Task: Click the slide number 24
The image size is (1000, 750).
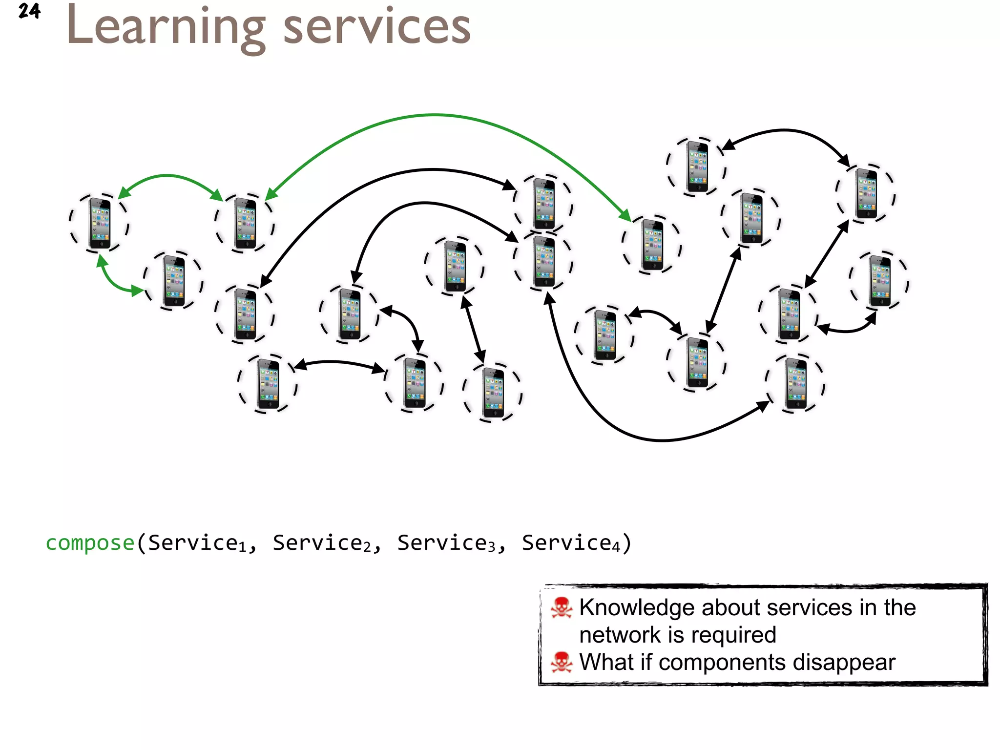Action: coord(29,11)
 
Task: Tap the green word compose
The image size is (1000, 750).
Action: coord(90,543)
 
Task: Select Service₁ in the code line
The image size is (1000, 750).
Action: coord(197,543)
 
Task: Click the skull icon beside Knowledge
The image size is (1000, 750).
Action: coord(561,608)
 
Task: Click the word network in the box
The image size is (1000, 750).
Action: coord(620,635)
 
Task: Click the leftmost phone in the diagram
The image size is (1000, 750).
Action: coord(100,224)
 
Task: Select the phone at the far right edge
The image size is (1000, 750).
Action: coord(880,281)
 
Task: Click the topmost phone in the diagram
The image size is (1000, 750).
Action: coord(697,166)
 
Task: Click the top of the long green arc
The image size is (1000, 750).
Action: coord(435,115)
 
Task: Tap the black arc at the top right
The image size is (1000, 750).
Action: coord(785,130)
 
